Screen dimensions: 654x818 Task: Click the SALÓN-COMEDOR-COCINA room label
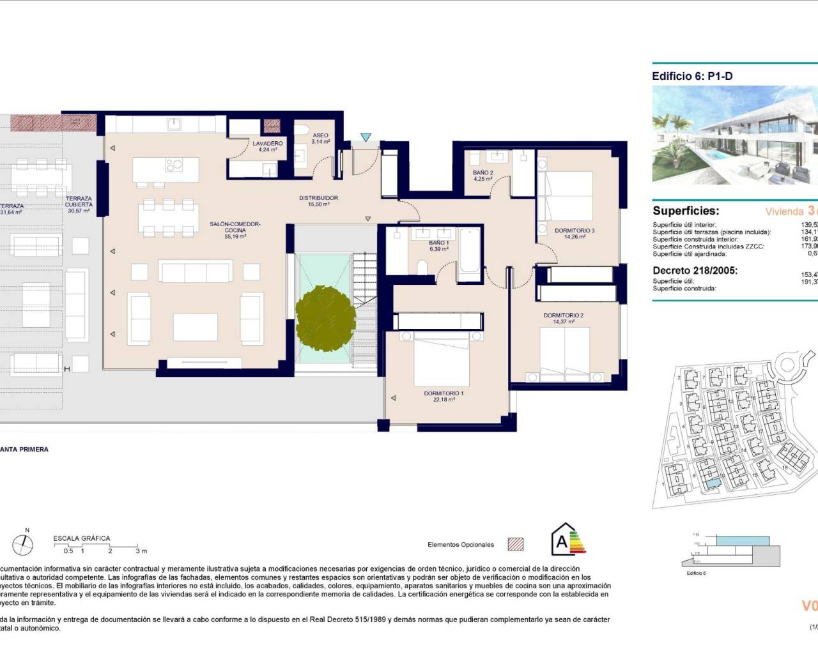235,227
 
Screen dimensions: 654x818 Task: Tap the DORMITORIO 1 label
444,393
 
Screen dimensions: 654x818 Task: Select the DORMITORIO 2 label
563,316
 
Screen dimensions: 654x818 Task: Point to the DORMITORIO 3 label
575,231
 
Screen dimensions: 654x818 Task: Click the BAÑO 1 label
438,243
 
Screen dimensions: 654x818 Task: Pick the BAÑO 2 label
482,172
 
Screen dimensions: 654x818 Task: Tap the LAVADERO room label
267,144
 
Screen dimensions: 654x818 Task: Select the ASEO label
321,135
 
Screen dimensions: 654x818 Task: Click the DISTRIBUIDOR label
318,198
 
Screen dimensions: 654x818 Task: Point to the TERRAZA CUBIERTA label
79,202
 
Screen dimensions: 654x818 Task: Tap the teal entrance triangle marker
366,137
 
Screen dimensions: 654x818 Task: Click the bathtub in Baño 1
468,252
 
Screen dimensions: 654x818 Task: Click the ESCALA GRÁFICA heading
81,538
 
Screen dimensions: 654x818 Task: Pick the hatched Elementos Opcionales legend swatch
515,544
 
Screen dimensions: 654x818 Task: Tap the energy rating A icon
567,540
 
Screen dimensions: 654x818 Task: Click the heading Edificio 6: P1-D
692,76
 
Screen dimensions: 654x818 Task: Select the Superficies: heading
686,211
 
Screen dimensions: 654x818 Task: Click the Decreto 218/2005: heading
695,270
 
